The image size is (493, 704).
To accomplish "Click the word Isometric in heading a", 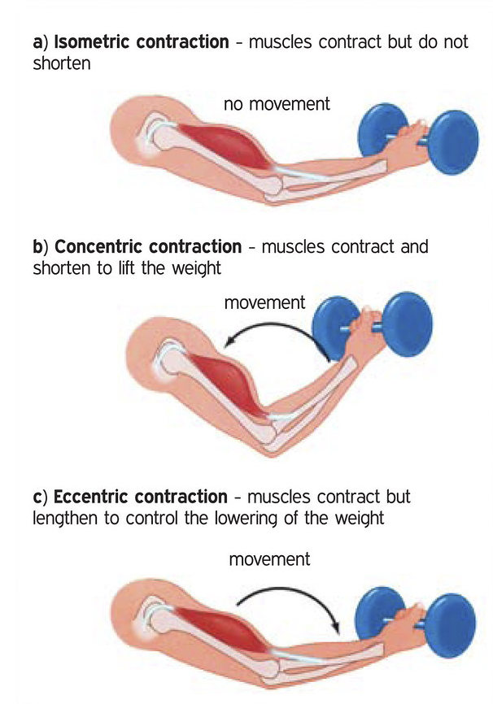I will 89,41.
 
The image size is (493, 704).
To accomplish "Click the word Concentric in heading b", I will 95,246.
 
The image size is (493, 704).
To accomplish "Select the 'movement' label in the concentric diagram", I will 264,303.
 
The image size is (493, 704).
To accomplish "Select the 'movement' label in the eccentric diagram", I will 269,560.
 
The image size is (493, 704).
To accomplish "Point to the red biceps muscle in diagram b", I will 228,378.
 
